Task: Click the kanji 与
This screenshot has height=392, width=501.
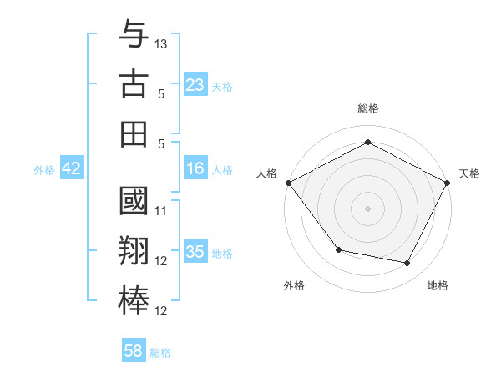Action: pyautogui.click(x=134, y=37)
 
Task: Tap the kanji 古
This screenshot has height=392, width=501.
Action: pyautogui.click(x=134, y=85)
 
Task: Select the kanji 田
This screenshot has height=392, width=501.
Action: pyautogui.click(x=134, y=133)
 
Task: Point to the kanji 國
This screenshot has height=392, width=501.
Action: pyautogui.click(x=134, y=204)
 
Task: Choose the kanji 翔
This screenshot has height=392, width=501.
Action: pyautogui.click(x=134, y=252)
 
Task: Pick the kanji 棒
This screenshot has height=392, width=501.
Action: pyautogui.click(x=134, y=300)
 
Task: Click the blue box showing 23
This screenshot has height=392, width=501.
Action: pyautogui.click(x=195, y=85)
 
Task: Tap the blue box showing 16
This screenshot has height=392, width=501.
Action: pyautogui.click(x=195, y=168)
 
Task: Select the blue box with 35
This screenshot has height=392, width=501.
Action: pyautogui.click(x=195, y=252)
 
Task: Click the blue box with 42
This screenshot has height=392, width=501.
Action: pyautogui.click(x=72, y=168)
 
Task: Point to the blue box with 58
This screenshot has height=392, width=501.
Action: pyautogui.click(x=134, y=351)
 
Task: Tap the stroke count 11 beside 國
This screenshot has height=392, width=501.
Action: pyautogui.click(x=162, y=211)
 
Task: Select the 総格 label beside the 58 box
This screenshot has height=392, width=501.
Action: pyautogui.click(x=161, y=353)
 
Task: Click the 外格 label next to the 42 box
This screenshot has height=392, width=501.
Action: pyautogui.click(x=44, y=170)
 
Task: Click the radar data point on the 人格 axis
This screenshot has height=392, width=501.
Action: pyautogui.click(x=288, y=182)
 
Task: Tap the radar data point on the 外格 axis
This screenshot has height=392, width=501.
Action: pyautogui.click(x=338, y=249)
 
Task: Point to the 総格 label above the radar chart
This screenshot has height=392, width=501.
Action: pyautogui.click(x=368, y=109)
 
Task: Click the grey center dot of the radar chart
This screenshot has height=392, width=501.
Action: pyautogui.click(x=368, y=208)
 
